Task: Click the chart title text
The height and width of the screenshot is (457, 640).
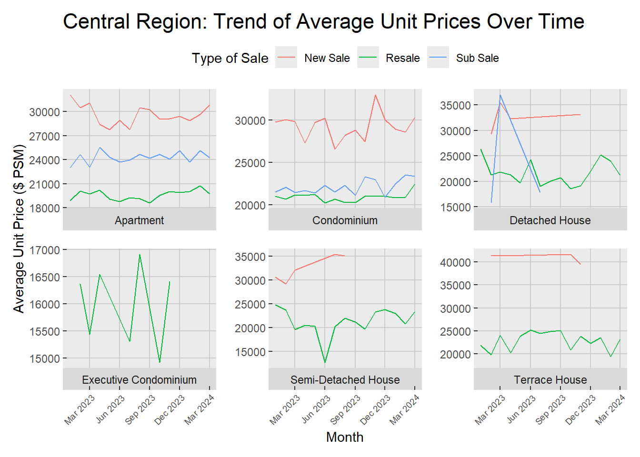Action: click(323, 22)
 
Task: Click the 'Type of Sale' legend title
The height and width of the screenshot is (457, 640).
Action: click(230, 58)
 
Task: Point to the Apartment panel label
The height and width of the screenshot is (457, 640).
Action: click(139, 220)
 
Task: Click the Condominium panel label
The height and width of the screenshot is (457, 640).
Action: click(345, 220)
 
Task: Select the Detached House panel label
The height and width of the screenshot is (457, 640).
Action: click(550, 220)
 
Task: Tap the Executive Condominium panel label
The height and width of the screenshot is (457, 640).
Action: click(139, 380)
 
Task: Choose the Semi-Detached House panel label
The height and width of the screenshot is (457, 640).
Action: click(345, 380)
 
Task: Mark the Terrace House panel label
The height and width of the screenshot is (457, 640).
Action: click(550, 380)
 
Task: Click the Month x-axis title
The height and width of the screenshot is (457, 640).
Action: click(345, 437)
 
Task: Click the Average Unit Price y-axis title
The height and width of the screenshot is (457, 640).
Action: click(19, 228)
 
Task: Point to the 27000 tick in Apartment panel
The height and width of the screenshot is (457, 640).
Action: click(45, 136)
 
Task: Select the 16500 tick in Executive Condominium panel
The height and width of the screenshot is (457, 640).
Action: click(45, 277)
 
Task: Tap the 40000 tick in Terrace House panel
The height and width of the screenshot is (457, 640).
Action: click(455, 262)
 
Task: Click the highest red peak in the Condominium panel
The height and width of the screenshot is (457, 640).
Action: click(375, 95)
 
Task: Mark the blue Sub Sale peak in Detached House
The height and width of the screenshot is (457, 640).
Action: click(500, 95)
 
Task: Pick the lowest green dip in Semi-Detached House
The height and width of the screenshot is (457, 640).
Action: click(325, 362)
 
